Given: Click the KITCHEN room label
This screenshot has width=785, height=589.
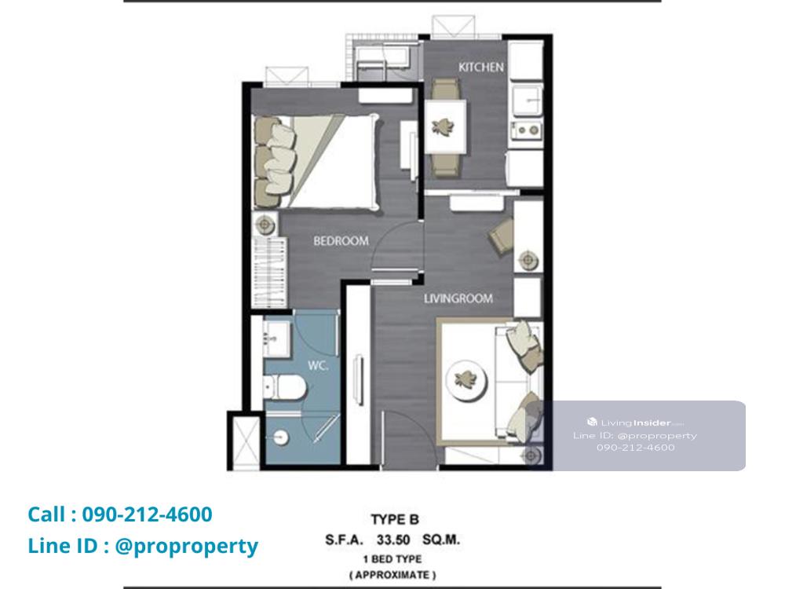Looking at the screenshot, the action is coord(480,67).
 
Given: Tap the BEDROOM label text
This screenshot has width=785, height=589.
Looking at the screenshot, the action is coord(341,241).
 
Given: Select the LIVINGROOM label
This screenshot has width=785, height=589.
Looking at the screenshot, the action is coord(458,298).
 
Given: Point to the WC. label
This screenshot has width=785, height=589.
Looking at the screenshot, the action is coord(318,366).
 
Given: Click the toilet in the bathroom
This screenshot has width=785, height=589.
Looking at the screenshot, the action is coord(284,387).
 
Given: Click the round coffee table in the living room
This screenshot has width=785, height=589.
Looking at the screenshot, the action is coord(466,379).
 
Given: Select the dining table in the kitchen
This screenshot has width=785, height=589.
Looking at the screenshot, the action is coord(446,126).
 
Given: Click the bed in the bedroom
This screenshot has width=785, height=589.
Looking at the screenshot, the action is coord(316,161).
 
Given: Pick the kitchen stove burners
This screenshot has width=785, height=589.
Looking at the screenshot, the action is coord(526,130).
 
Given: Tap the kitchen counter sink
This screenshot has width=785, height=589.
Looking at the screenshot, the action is coord(527,101).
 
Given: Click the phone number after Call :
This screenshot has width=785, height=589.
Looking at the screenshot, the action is coord(148,514).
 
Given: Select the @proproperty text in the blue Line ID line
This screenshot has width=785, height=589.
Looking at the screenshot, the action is coord(186,546).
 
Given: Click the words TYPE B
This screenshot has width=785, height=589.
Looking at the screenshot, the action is coord(395,519).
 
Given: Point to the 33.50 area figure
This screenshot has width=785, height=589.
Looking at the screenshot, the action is coord(393,540).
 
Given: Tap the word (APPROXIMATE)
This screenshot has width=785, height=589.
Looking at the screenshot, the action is coord(392,575).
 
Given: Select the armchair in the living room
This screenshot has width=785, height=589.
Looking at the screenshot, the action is coord(501,236).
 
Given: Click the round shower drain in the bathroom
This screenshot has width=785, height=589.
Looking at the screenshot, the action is coord(281,437).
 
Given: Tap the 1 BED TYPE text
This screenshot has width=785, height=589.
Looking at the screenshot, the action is coord(392,559).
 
